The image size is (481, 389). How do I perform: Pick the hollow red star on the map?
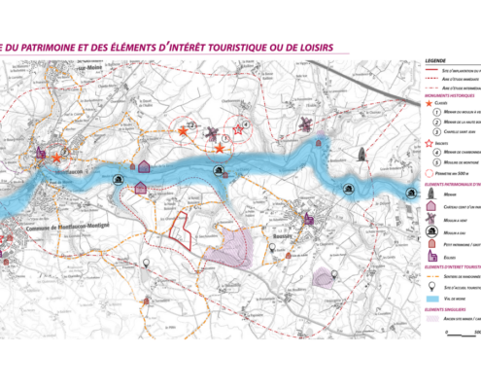coord(238,129)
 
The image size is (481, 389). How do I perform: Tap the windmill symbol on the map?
coord(303,125)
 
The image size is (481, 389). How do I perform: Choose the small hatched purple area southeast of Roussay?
coord(324,278)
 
